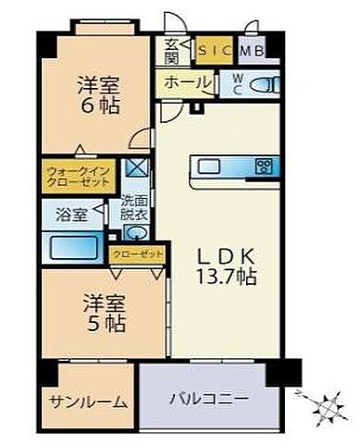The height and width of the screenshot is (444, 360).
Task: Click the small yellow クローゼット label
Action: pos(138,252)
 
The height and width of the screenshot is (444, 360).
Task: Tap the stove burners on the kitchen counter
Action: pos(264,167)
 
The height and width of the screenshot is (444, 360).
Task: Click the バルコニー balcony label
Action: pos(208,401)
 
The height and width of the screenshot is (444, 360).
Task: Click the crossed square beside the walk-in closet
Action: pos(136,167)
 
